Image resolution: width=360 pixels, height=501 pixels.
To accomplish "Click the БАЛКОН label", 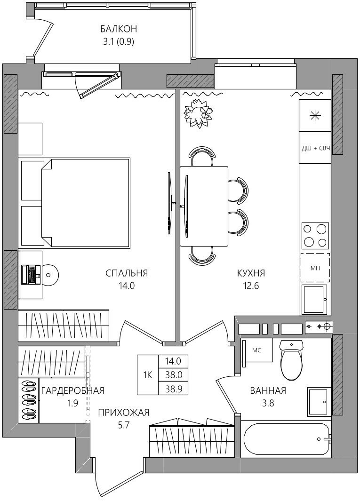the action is [119, 29].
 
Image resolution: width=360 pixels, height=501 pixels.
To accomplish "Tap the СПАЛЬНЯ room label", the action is [127, 273].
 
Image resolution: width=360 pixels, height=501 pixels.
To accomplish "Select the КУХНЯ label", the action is [251, 273].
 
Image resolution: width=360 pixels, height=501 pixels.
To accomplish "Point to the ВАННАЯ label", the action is [268, 390].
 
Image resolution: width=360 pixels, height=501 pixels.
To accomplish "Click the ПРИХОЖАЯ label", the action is [123, 413].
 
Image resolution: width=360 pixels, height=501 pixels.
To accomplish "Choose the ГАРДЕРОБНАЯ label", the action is [73, 390].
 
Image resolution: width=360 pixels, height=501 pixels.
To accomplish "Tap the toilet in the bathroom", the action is [291, 359].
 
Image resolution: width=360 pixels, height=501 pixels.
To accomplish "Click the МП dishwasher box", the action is [315, 268].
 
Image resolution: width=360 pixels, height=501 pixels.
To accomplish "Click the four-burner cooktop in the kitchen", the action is [315, 235].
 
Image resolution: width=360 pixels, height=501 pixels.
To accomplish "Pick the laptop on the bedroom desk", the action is [31, 274].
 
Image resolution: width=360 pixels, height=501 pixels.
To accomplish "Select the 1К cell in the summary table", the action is [148, 374].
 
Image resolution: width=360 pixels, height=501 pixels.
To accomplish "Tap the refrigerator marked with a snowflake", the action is [315, 115].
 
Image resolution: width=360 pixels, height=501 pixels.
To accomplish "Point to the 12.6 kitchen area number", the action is [251, 286].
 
